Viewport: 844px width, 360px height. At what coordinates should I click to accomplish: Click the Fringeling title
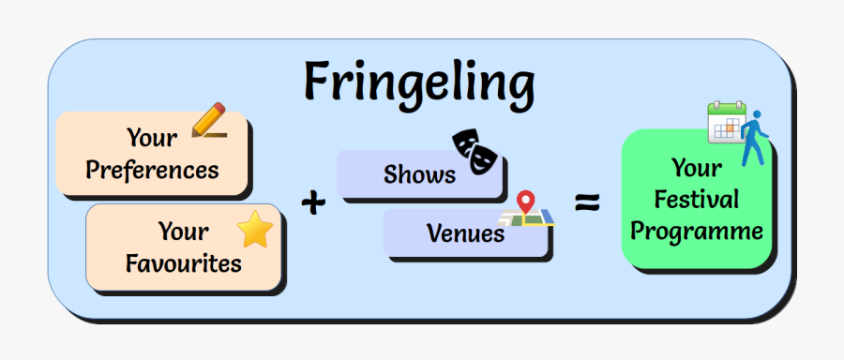pos(418,82)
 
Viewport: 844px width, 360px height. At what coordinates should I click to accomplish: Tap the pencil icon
pos(210,122)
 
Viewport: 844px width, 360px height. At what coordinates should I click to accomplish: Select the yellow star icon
pos(253,230)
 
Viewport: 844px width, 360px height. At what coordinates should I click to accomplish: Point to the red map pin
pos(526,202)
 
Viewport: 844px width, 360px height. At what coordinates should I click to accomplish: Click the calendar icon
pos(725,122)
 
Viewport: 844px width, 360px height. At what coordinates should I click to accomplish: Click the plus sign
pos(315,202)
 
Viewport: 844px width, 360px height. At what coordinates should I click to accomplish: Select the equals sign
pos(587,202)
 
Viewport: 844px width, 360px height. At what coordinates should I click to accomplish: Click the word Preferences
pos(152,170)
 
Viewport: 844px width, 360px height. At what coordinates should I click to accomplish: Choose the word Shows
pos(419,173)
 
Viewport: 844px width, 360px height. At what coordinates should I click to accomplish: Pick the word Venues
pos(465,232)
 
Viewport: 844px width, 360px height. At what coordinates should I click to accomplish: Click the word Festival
pos(696,199)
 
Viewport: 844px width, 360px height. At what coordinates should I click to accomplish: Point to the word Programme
pos(696,231)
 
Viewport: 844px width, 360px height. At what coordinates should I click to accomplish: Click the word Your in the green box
pos(696,168)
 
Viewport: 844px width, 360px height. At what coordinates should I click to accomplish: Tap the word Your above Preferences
pos(152,139)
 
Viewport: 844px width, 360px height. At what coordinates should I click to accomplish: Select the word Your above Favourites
pos(183,231)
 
